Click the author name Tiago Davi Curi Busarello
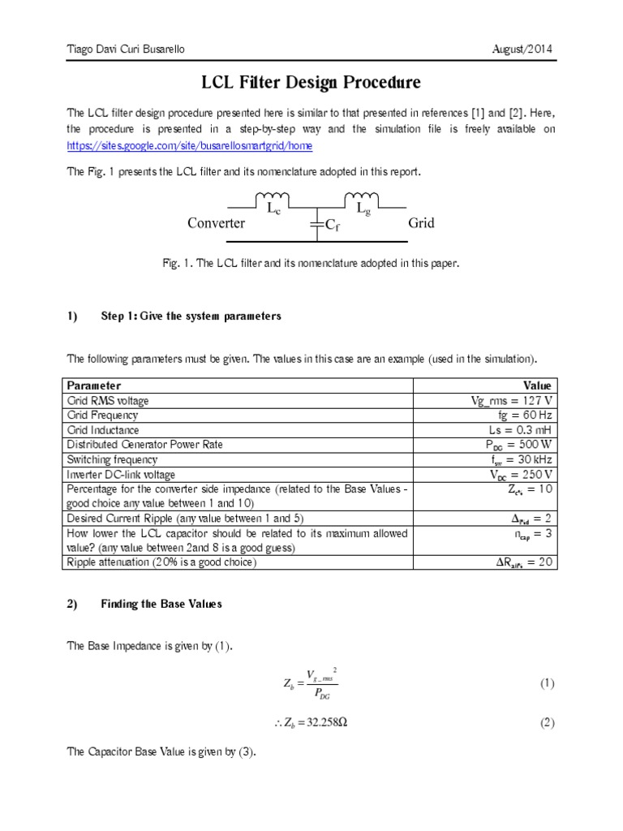point(125,50)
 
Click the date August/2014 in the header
point(523,50)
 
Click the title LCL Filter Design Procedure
point(311,83)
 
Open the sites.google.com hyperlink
point(189,145)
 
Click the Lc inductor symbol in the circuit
point(274,198)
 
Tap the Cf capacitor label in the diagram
point(333,227)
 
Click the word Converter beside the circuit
point(216,223)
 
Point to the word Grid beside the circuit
point(421,222)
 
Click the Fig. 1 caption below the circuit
point(311,264)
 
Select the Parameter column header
point(94,385)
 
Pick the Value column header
point(537,385)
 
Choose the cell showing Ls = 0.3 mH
point(520,429)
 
